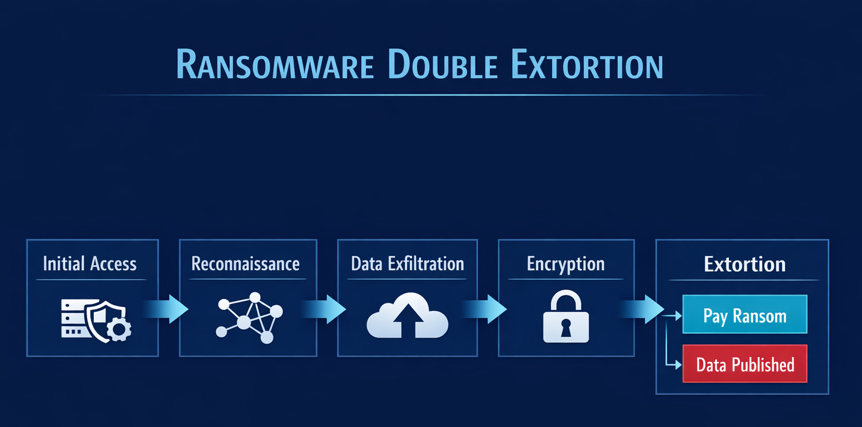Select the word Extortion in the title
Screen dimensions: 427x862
587,66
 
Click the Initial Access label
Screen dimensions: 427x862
90,264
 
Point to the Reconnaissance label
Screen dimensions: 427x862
245,264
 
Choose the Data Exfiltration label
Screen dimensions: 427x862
407,264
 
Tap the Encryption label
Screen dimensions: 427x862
565,264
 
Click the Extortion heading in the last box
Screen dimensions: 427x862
744,264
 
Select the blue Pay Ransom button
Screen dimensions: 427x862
744,315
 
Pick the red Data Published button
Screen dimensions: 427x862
744,364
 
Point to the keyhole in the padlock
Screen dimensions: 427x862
565,327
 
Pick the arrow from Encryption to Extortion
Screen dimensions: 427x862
645,309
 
